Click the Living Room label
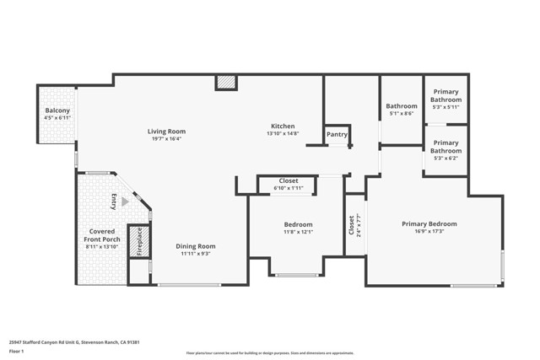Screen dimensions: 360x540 (x=166, y=132)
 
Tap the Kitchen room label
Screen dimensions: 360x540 (x=282, y=126)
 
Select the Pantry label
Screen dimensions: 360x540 (x=337, y=134)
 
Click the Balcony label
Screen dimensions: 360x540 (x=57, y=111)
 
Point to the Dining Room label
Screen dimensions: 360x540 (x=196, y=246)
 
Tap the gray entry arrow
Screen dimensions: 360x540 (x=125, y=201)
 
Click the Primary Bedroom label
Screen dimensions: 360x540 (x=429, y=224)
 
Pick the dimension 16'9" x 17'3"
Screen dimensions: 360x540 (x=429, y=232)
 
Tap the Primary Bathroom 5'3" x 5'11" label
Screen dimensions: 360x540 (x=445, y=99)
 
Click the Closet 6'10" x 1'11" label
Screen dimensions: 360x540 (x=289, y=184)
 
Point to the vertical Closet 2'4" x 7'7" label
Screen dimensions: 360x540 (x=354, y=224)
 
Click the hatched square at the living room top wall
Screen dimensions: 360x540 (x=226, y=83)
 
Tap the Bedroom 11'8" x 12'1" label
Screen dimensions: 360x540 (x=297, y=228)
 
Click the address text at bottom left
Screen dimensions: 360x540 (x=73, y=342)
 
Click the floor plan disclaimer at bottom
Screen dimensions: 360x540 (x=281, y=353)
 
